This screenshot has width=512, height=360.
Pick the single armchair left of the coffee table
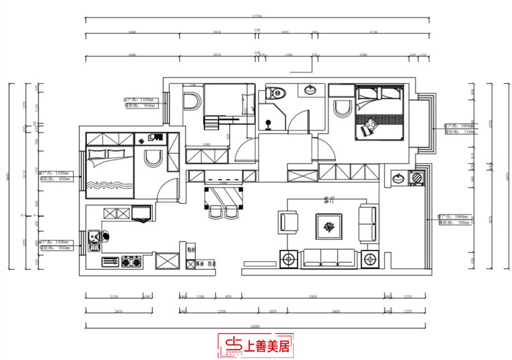[x=289, y=222]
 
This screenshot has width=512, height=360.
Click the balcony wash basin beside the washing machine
[x=398, y=178]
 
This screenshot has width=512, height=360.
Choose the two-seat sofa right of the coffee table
[x=368, y=224]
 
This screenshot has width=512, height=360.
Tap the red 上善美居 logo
[x=256, y=347]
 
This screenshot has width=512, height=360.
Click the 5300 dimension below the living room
[x=312, y=296]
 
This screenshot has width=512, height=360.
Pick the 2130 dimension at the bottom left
[x=113, y=296]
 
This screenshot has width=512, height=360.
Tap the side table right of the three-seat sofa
[x=369, y=259]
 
